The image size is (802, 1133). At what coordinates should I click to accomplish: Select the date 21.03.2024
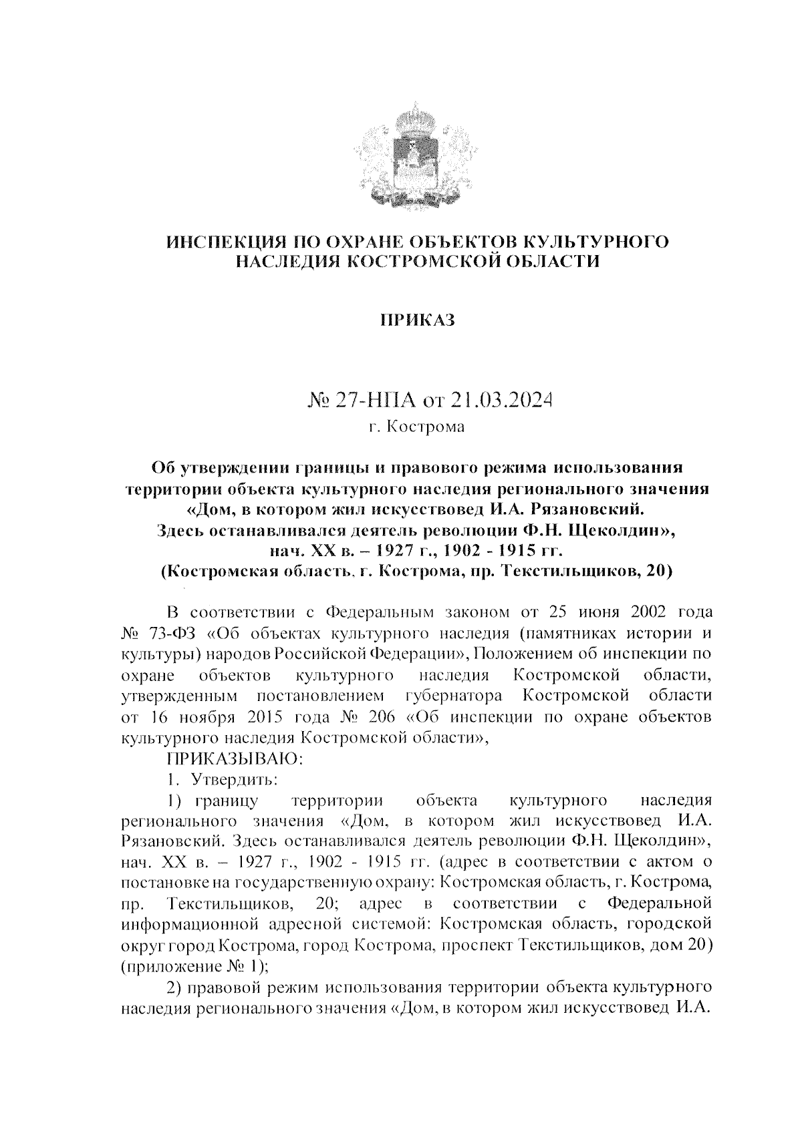pyautogui.click(x=499, y=401)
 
